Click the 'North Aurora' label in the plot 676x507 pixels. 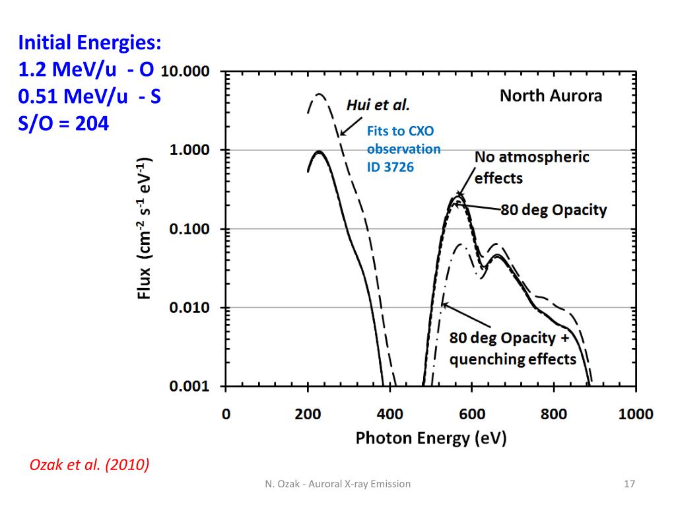(551, 96)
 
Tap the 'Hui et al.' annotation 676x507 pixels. (378, 105)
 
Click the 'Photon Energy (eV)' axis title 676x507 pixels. (430, 438)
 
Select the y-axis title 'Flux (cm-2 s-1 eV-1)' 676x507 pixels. (145, 228)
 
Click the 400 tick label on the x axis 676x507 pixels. (389, 415)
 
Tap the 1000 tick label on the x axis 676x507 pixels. (635, 415)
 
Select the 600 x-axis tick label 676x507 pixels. (471, 415)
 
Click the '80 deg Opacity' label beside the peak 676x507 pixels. (553, 210)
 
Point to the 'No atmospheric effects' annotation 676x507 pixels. (523, 167)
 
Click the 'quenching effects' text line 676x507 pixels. (513, 360)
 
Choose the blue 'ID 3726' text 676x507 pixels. (390, 167)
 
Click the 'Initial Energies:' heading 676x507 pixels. (89, 44)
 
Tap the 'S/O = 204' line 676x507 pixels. (63, 123)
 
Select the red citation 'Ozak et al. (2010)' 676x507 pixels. (90, 465)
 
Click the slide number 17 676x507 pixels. (629, 484)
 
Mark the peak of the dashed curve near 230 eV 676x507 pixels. (320, 94)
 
